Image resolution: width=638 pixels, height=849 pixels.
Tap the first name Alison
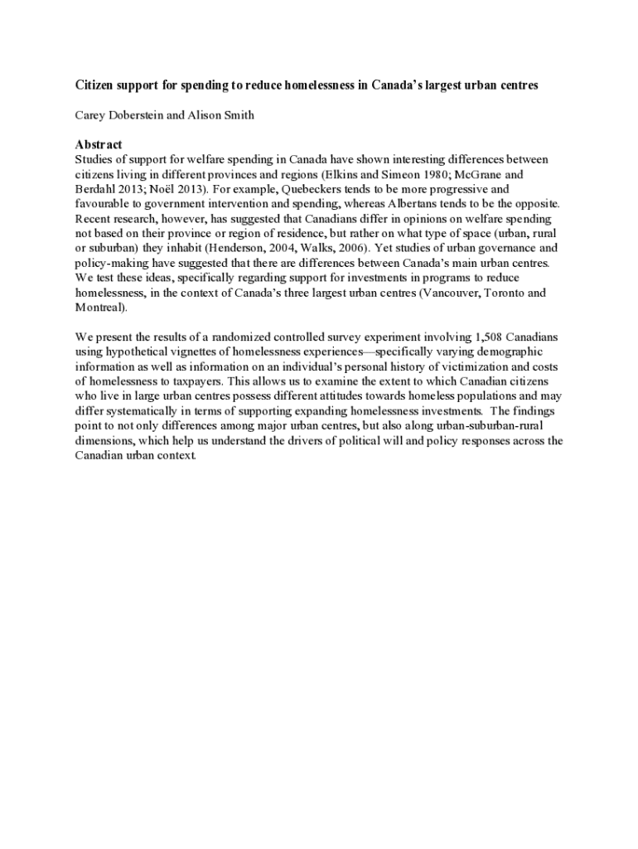[206, 115]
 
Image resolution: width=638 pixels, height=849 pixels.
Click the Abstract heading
[99, 144]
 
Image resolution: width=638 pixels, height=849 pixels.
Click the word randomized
[242, 337]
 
